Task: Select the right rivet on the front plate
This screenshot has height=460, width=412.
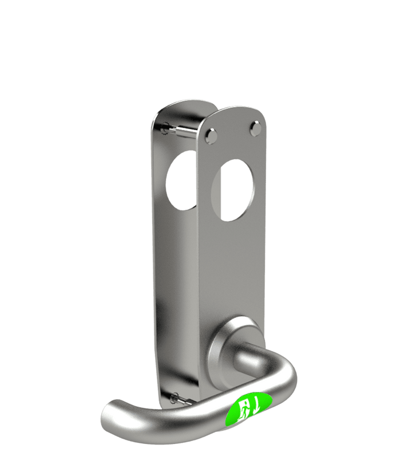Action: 256,129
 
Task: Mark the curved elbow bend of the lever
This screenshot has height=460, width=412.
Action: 283,375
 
